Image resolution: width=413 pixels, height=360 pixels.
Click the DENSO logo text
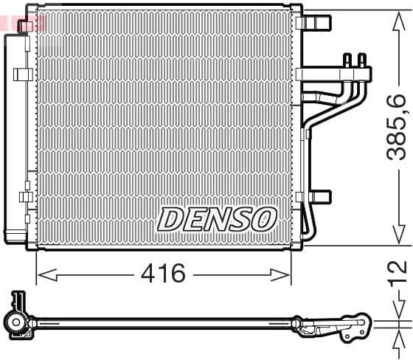(x=217, y=218)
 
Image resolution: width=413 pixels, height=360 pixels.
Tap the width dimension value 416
(x=163, y=274)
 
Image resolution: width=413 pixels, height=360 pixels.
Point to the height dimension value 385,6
(x=398, y=127)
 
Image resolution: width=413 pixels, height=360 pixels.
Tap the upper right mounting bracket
(x=317, y=21)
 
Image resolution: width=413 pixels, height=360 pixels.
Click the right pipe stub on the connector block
(x=361, y=59)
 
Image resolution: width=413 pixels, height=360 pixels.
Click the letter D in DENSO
(x=170, y=218)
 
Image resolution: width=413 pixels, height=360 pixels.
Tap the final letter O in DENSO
(x=265, y=218)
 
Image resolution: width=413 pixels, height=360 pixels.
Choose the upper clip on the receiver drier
(x=24, y=74)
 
